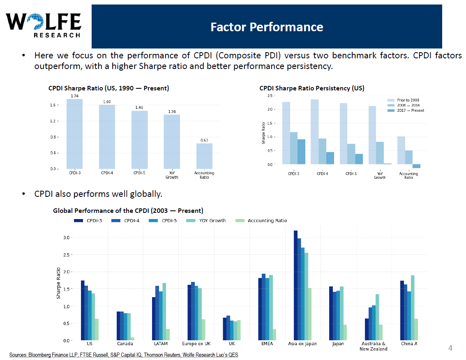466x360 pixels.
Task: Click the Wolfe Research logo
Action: point(43,25)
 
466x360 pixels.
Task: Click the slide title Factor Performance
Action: point(267,27)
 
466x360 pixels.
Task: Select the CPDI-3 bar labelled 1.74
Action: point(74,134)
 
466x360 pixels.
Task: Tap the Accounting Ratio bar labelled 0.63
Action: point(204,156)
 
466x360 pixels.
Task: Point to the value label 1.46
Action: point(139,108)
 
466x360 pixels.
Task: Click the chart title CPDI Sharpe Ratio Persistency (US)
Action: point(311,88)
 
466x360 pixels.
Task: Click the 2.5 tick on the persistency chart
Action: point(270,96)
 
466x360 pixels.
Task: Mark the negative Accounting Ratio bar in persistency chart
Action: point(416,166)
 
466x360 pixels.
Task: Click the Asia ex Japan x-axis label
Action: point(302,344)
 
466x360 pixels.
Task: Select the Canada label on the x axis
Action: point(125,344)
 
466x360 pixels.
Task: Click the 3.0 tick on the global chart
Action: point(67,238)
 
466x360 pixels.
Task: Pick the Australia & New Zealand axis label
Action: point(373,346)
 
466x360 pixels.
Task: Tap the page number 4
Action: point(450,348)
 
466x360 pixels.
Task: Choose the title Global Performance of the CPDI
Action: point(128,211)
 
